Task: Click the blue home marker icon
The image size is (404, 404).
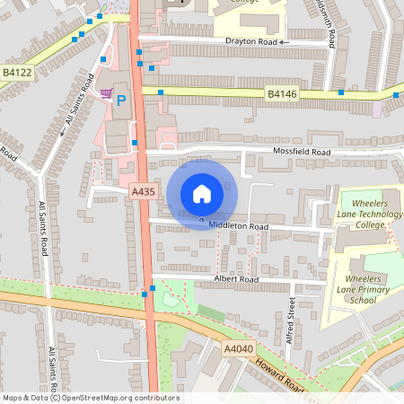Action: (202, 193)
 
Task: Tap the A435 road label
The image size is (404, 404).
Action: (143, 191)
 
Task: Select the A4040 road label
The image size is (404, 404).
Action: (238, 347)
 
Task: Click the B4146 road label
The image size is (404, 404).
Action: (282, 92)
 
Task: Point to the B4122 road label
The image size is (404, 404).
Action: (17, 71)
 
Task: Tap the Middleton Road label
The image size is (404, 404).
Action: (239, 227)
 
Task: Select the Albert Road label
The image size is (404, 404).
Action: (236, 280)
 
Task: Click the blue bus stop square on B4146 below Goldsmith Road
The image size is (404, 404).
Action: (341, 92)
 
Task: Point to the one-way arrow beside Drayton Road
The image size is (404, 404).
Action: (284, 41)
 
